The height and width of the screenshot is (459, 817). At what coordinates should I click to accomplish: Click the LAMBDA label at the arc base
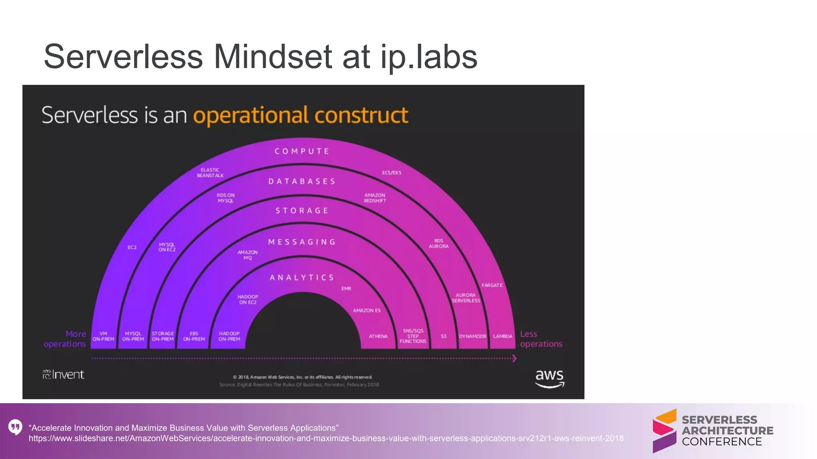click(x=502, y=336)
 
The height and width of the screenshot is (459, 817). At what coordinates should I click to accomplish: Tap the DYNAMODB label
click(x=472, y=336)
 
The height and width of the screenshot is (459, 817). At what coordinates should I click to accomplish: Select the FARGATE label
click(x=492, y=285)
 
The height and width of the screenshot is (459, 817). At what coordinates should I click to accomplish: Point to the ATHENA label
click(x=378, y=336)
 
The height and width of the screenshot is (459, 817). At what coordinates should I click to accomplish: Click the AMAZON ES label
click(x=367, y=310)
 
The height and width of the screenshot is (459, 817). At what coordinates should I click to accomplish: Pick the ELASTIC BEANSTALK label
click(x=210, y=173)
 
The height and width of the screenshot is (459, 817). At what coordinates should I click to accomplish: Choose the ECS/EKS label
click(x=392, y=173)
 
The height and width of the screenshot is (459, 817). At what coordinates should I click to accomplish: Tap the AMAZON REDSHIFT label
click(x=375, y=198)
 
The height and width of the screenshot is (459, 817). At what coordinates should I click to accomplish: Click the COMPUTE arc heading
click(x=302, y=151)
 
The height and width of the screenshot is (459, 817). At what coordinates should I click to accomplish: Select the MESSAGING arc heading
click(x=302, y=242)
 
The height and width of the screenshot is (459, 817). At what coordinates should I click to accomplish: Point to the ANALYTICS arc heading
click(x=302, y=277)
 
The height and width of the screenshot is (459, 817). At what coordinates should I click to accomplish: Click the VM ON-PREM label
click(x=103, y=336)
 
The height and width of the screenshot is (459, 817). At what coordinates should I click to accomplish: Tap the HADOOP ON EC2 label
click(x=248, y=300)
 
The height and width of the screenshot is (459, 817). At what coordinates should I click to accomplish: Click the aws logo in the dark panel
click(x=549, y=378)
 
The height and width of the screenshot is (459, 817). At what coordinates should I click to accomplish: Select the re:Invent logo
click(x=63, y=375)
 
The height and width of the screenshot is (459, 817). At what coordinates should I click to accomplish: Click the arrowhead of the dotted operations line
click(x=514, y=359)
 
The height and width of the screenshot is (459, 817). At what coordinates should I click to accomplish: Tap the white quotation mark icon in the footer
click(x=15, y=428)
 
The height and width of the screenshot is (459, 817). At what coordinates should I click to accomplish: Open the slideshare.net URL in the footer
click(x=326, y=438)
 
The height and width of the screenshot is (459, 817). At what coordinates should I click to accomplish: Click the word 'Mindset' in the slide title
click(x=273, y=57)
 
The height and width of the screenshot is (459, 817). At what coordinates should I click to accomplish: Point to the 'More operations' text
click(x=65, y=339)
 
